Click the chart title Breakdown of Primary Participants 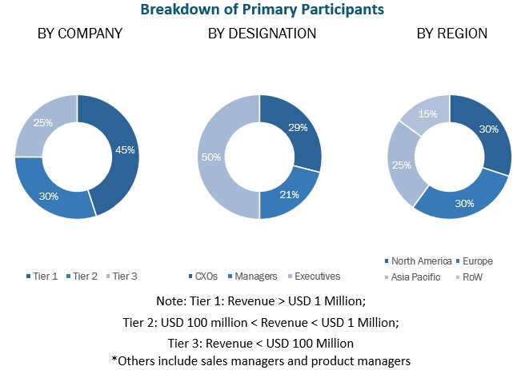pyautogui.click(x=262, y=10)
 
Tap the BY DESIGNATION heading pyautogui.click(x=262, y=34)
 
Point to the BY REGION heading pyautogui.click(x=451, y=34)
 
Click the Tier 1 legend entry pyautogui.click(x=43, y=277)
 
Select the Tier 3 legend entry pyautogui.click(x=123, y=277)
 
